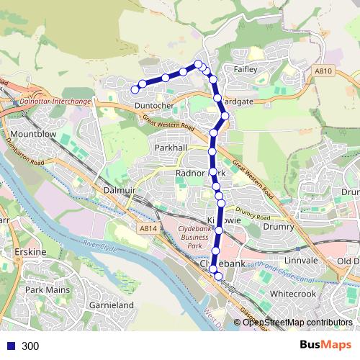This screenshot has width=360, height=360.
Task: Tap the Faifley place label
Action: (246, 71)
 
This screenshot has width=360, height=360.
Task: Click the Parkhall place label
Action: (171, 147)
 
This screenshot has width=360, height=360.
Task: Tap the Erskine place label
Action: (31, 252)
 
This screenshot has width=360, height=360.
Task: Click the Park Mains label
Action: (45, 289)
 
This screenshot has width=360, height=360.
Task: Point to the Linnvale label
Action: (301, 259)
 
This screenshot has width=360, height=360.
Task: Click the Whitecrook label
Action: (292, 294)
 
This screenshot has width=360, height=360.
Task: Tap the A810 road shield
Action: (323, 71)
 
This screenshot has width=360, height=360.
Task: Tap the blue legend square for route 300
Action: (10, 346)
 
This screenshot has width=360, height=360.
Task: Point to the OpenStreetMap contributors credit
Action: (297, 322)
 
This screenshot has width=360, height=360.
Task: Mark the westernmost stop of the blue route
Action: (135, 89)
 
